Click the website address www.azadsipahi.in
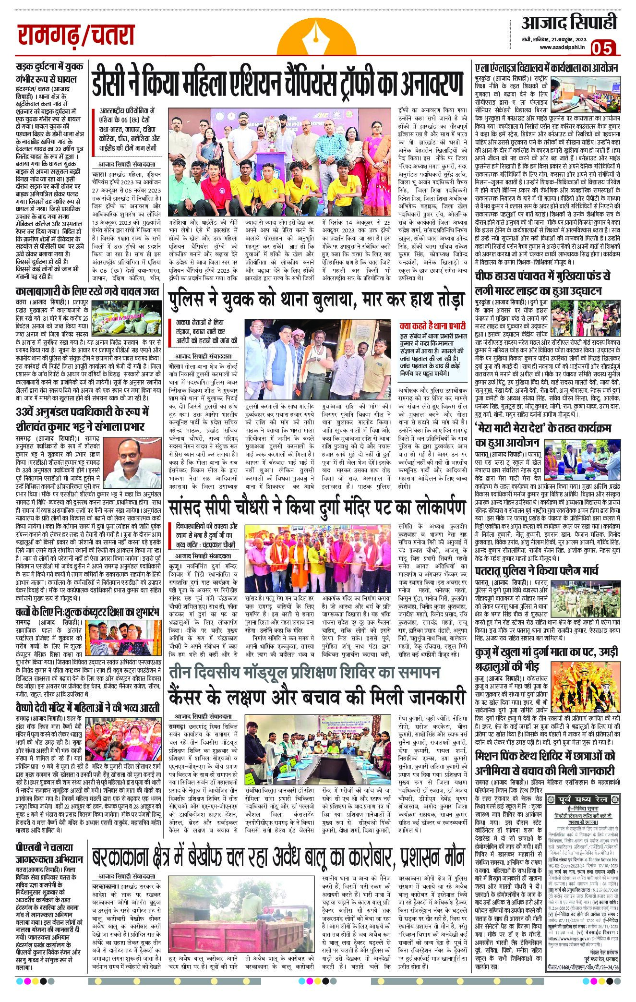point(562,47)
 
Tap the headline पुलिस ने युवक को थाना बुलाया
point(317,301)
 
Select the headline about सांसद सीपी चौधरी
point(317,507)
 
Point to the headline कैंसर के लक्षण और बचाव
point(317,696)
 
